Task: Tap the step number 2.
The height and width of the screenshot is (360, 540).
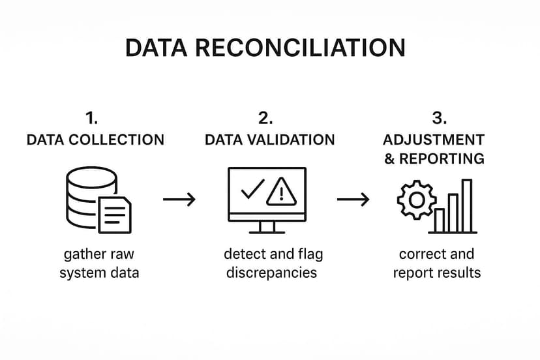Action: [265, 118]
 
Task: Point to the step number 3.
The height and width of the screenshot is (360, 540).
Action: [440, 118]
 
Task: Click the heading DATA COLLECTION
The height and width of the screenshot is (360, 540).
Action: [95, 140]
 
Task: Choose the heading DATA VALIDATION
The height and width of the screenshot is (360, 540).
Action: [269, 140]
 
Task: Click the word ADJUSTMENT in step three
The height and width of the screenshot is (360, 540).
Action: [434, 140]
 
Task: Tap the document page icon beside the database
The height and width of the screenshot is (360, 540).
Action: [115, 215]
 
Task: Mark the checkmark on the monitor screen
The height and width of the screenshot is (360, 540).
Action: [252, 189]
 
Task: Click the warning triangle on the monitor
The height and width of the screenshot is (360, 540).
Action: [281, 192]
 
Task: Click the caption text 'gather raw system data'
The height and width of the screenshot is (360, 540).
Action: [99, 263]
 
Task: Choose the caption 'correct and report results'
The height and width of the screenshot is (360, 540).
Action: [436, 263]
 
